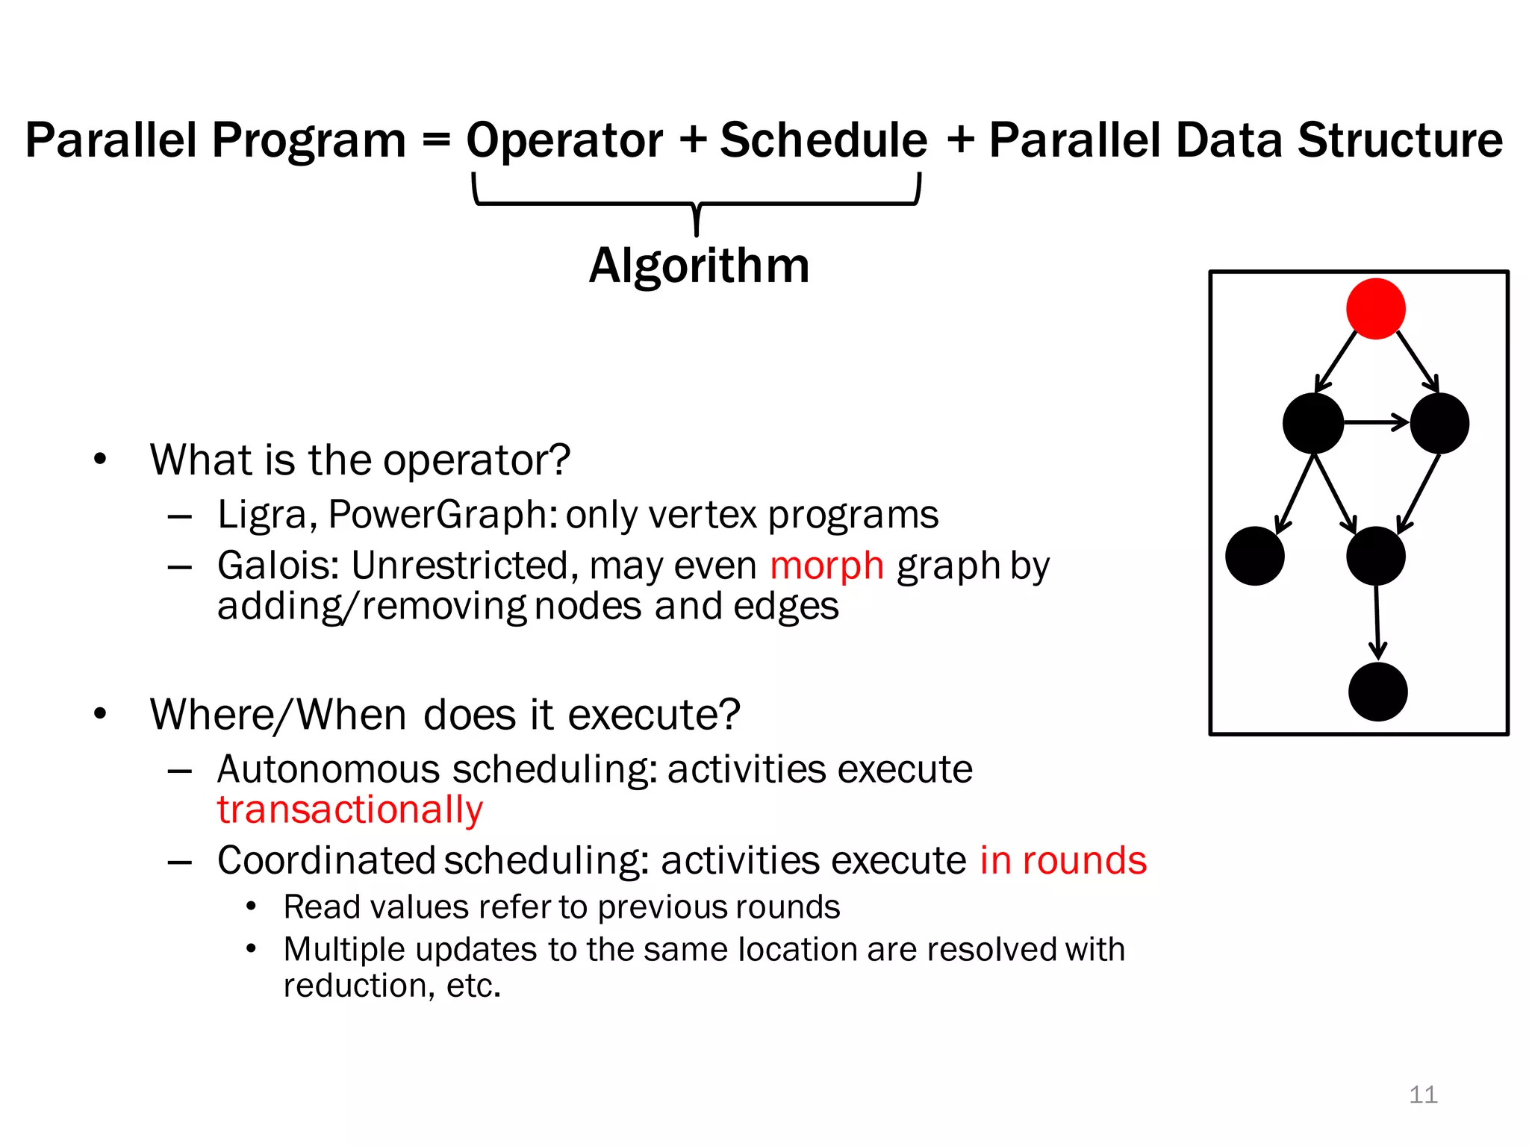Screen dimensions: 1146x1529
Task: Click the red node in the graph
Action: pyautogui.click(x=1375, y=309)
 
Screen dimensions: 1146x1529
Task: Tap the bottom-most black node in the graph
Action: pyautogui.click(x=1377, y=692)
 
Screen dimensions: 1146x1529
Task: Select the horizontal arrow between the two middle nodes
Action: pyautogui.click(x=1376, y=423)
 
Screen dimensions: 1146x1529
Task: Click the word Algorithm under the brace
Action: pyautogui.click(x=699, y=266)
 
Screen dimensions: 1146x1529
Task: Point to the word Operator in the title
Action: pyautogui.click(x=564, y=140)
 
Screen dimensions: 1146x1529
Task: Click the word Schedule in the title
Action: pyautogui.click(x=823, y=140)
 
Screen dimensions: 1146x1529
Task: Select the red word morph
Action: pyautogui.click(x=826, y=565)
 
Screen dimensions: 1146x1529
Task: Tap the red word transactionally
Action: pyautogui.click(x=349, y=810)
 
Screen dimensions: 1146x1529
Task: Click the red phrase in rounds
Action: pyautogui.click(x=1062, y=860)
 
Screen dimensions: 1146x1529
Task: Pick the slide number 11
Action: pyautogui.click(x=1422, y=1095)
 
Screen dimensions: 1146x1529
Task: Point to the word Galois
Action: pyautogui.click(x=278, y=565)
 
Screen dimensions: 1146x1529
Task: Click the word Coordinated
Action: pyautogui.click(x=326, y=860)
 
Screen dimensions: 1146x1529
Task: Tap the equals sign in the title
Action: pyautogui.click(x=436, y=140)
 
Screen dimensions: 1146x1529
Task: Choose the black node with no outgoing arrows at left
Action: pyautogui.click(x=1254, y=556)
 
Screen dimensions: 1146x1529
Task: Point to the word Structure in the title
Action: pyautogui.click(x=1400, y=140)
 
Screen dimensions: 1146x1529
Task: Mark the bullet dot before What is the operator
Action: pyautogui.click(x=100, y=460)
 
